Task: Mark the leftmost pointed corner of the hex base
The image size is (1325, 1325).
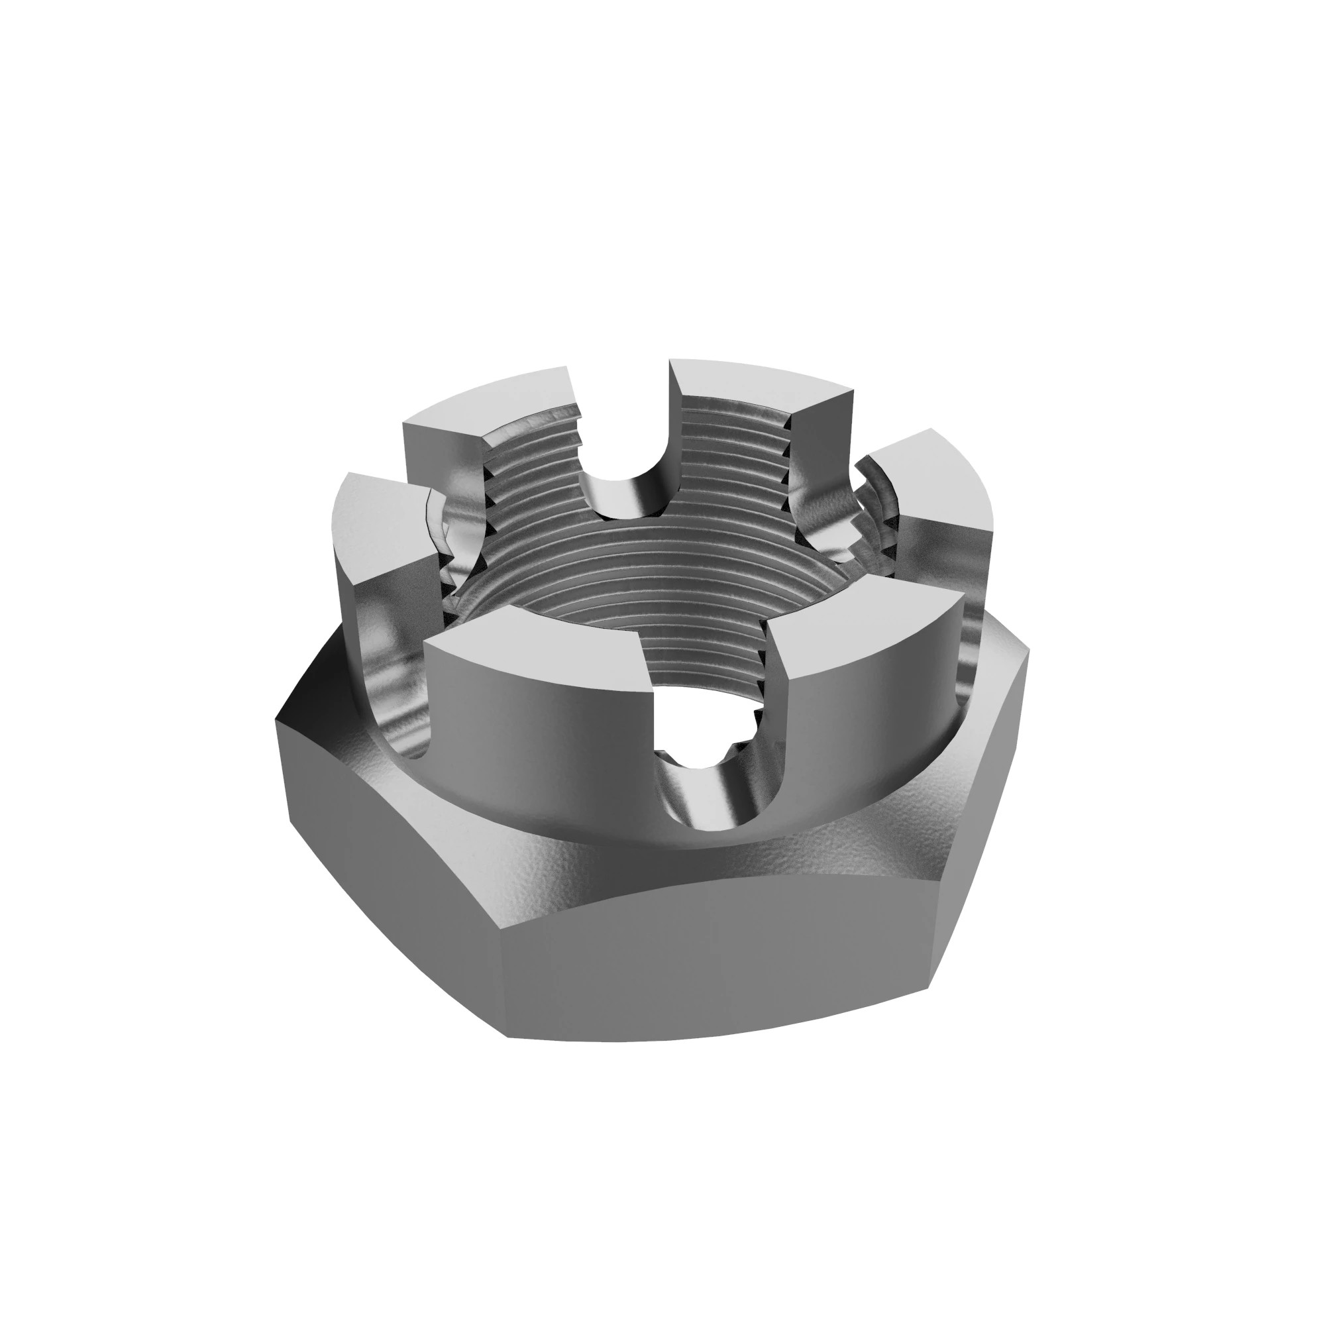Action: point(276,720)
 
